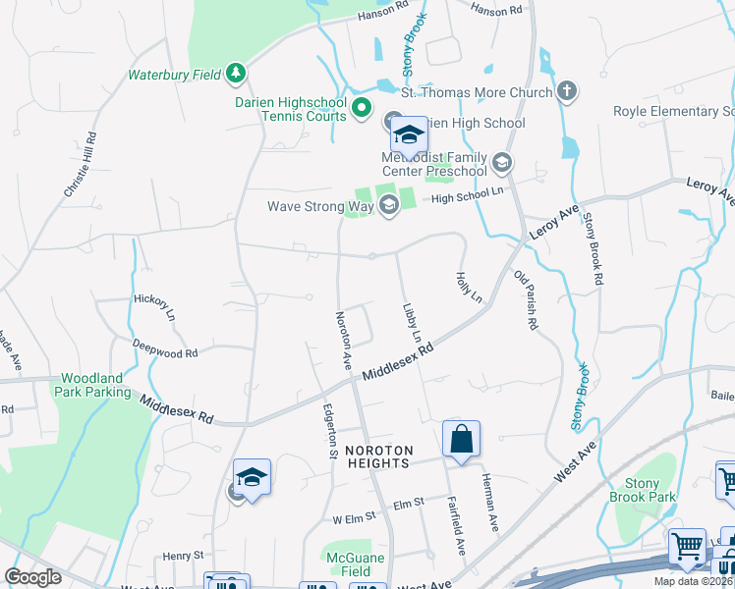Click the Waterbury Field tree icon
point(235,72)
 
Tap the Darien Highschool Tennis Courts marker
point(362,107)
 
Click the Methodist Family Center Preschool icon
point(503,162)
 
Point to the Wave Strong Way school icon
point(387,205)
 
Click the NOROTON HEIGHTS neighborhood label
point(376,456)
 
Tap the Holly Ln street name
point(470,286)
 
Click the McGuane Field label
point(349,564)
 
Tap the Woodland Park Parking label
point(94,385)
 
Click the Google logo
point(32,577)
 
